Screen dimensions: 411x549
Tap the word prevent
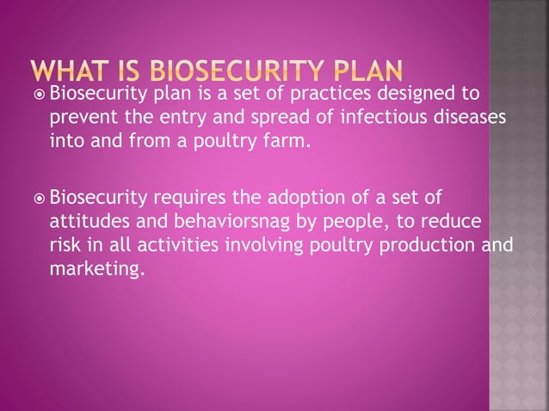78,116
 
